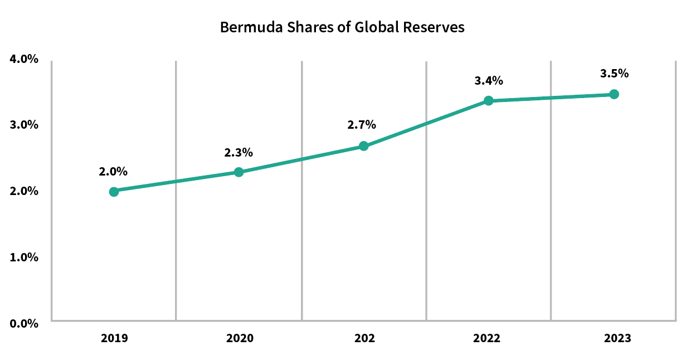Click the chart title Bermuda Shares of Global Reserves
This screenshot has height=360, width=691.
click(x=342, y=27)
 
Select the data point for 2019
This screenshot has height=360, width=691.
click(x=114, y=192)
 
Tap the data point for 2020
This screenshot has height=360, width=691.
click(x=239, y=172)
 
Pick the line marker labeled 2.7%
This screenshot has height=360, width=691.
click(x=363, y=146)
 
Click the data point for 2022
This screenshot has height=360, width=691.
click(x=488, y=101)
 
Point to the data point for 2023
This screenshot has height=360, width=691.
click(x=614, y=94)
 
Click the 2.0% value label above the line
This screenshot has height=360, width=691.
click(x=114, y=172)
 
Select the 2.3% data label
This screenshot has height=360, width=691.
click(x=239, y=152)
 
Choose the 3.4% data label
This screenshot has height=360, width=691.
click(x=489, y=80)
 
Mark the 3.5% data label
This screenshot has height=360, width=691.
click(x=614, y=73)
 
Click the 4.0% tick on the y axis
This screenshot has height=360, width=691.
click(x=24, y=59)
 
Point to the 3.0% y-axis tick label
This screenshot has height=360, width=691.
click(x=24, y=125)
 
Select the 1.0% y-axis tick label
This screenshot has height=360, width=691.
click(x=24, y=257)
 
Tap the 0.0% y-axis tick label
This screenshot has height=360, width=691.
click(x=24, y=323)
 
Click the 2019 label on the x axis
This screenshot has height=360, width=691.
click(x=114, y=338)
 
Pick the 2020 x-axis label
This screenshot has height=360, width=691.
click(x=239, y=338)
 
